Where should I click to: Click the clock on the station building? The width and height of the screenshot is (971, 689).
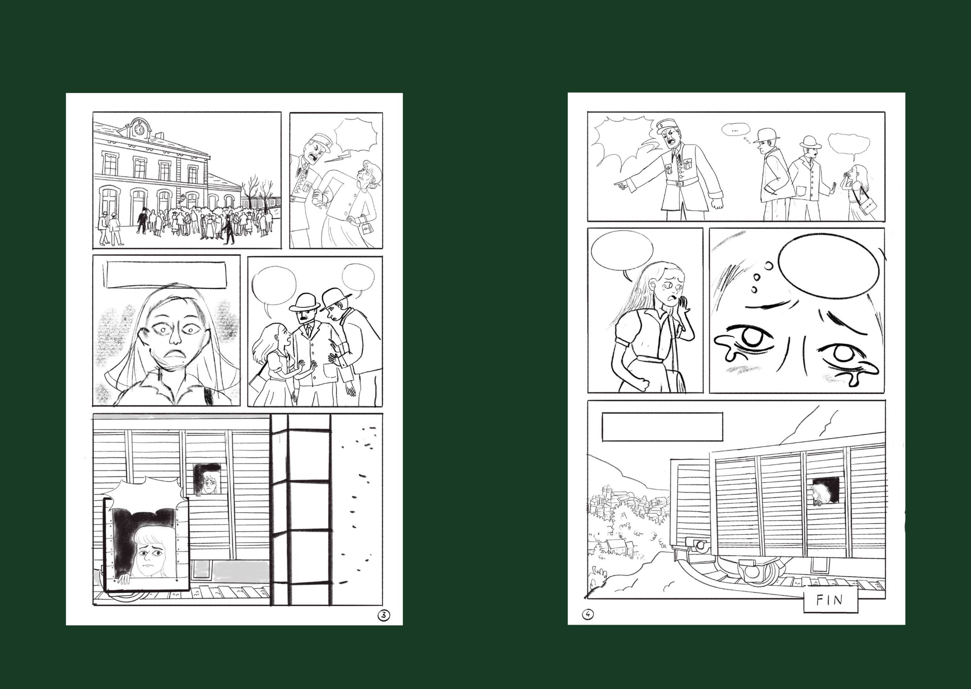(x=139, y=129)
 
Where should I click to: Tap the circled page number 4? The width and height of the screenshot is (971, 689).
(x=588, y=614)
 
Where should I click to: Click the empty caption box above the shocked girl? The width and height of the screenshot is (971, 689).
(x=167, y=275)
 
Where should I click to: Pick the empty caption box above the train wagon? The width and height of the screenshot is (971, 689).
(x=662, y=427)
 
